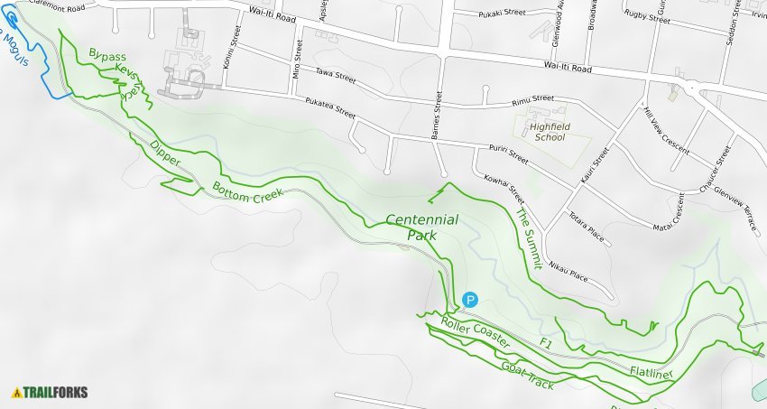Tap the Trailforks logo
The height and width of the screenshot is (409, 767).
coord(50,393)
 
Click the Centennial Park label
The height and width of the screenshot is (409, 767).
coord(421,227)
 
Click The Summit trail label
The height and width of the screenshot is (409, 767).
coord(528,238)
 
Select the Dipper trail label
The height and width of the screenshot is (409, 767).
coord(165,153)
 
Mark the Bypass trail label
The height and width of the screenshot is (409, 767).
coord(107,56)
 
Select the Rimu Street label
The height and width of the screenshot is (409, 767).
coord(531,98)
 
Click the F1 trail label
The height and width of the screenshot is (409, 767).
coord(545,343)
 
